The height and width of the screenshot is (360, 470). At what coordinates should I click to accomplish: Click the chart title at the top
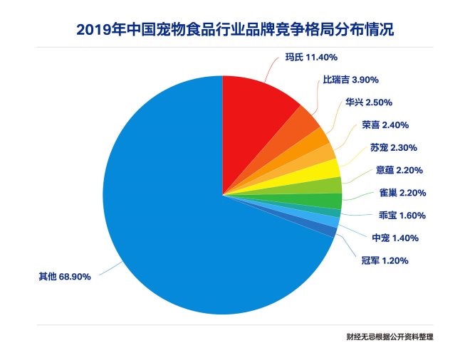click(x=234, y=30)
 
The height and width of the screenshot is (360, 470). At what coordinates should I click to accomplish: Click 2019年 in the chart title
click(x=98, y=30)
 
